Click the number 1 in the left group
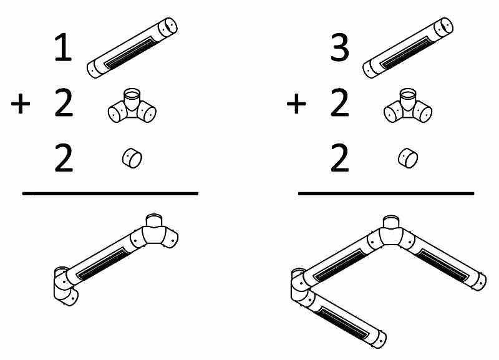(64, 47)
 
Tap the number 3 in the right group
(339, 47)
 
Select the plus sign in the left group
(21, 104)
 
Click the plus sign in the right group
(296, 104)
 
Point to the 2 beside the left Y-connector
(64, 103)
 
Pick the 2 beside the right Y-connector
(339, 103)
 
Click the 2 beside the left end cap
(64, 158)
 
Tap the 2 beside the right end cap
(339, 158)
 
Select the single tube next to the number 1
(132, 48)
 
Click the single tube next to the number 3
(408, 48)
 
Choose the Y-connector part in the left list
(132, 105)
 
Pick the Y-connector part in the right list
(408, 105)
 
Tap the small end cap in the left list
(132, 158)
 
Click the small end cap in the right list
(408, 158)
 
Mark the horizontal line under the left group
(110, 193)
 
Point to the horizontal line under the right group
(386, 193)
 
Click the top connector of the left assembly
(154, 232)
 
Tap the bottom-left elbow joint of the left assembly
(65, 286)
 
